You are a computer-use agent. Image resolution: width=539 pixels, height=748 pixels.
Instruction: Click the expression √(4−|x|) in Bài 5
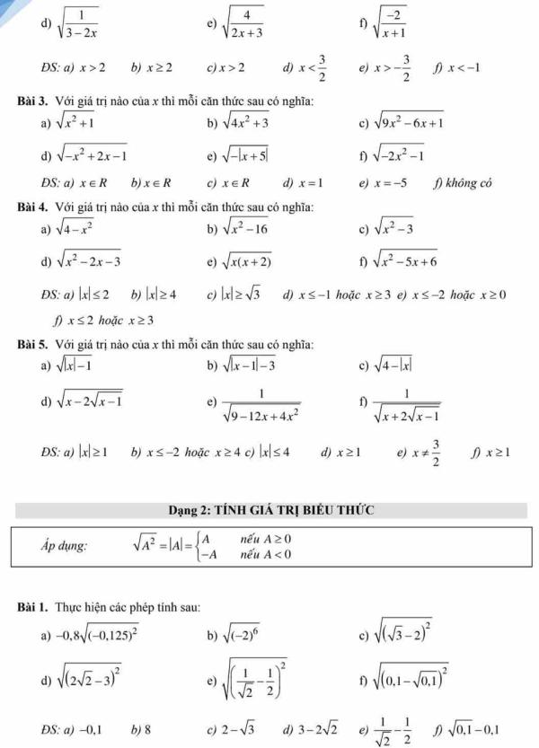point(400,366)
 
